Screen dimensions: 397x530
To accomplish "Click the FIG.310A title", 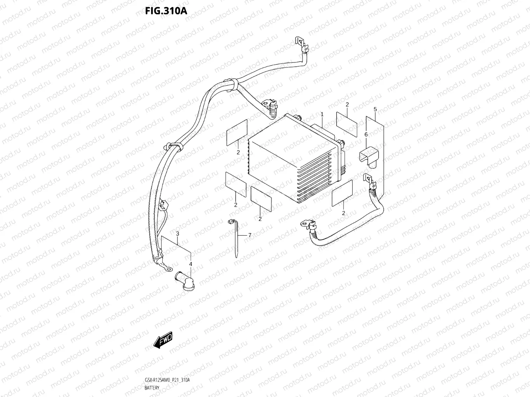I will [x=166, y=10].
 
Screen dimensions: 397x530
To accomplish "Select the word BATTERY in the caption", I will [x=152, y=388].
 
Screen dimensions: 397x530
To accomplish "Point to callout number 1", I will [x=322, y=114].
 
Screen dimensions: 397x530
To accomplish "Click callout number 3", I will [x=177, y=234].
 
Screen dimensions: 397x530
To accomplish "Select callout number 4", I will [x=190, y=264].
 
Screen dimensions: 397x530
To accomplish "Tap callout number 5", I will [x=375, y=109].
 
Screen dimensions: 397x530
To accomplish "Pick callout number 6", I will [x=366, y=135].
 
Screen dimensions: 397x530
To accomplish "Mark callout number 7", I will [x=250, y=235].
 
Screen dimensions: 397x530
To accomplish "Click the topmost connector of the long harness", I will [x=301, y=43].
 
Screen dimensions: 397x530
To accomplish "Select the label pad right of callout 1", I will [x=347, y=124].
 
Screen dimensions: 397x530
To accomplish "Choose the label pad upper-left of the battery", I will [x=237, y=133].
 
